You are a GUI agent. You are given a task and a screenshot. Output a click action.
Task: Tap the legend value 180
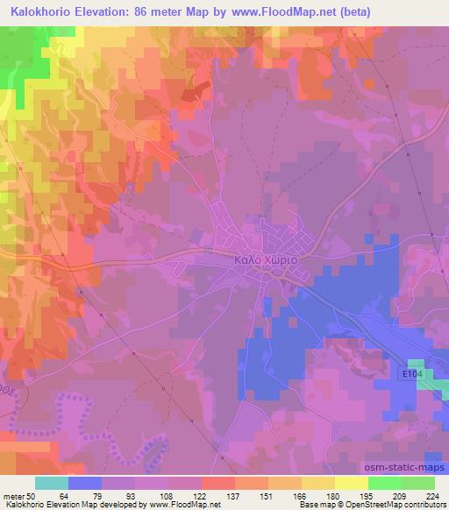pos(334,495)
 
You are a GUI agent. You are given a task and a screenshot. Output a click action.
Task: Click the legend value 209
pos(400,495)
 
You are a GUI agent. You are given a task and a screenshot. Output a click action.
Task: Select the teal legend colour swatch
pos(52,483)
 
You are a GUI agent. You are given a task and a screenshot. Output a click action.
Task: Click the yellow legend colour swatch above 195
pos(351,483)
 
